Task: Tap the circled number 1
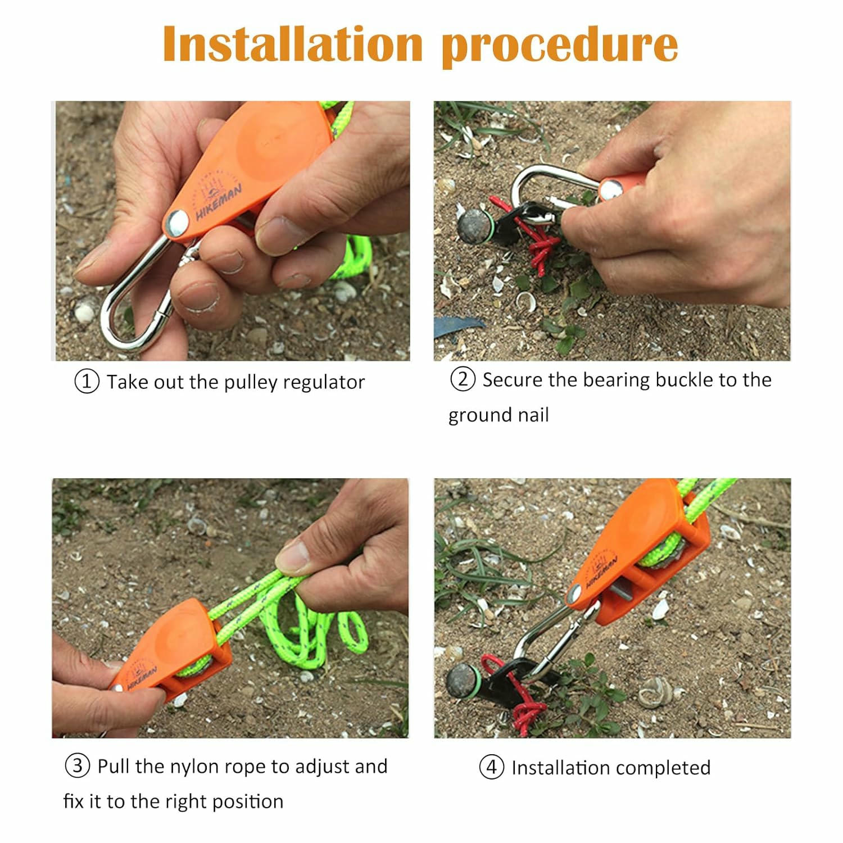(x=87, y=382)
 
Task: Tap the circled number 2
(x=463, y=379)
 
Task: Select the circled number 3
(x=78, y=766)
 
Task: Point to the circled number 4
(x=492, y=767)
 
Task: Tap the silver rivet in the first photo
(x=178, y=223)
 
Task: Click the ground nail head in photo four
(x=463, y=680)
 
